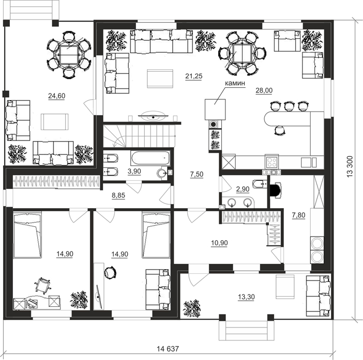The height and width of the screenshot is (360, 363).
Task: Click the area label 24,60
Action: point(57,96)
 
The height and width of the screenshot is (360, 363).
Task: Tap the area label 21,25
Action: point(194,76)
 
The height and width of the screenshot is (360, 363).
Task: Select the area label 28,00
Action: point(264,90)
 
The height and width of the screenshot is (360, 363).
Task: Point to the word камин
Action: point(235,83)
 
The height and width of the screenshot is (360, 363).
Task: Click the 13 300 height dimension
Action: point(350,167)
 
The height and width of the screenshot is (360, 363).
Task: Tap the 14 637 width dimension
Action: point(168,349)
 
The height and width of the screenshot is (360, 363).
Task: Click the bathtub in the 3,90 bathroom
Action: point(150,158)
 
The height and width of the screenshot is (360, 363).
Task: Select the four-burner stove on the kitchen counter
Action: point(272,162)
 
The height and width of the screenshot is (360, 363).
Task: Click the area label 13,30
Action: point(246,296)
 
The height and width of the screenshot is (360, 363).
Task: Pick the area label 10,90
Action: point(219,243)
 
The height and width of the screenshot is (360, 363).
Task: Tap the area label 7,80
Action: point(298,215)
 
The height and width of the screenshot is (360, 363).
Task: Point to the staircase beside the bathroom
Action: point(140,136)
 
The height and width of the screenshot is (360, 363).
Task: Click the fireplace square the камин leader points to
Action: point(215,109)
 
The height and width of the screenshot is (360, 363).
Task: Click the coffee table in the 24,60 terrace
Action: point(55,121)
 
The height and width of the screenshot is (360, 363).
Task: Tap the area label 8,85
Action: point(118,195)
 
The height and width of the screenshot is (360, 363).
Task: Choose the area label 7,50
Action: point(196,175)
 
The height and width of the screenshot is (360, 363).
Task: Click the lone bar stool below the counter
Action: point(280,130)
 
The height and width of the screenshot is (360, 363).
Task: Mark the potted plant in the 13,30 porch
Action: point(192,308)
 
